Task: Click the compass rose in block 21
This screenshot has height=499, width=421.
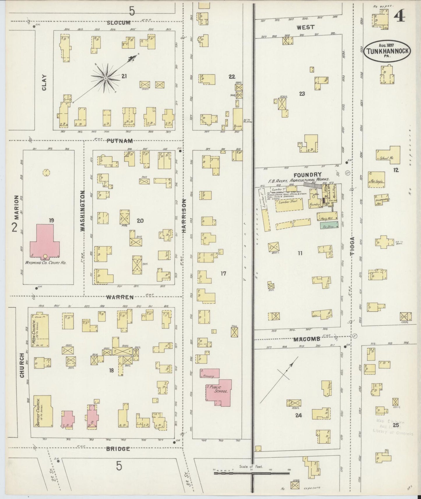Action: point(105,78)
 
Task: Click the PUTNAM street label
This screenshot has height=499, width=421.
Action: point(119,141)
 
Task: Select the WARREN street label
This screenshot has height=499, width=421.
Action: point(120,297)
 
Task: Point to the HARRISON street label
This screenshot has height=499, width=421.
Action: point(184,215)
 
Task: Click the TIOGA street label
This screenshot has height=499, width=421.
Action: point(352,247)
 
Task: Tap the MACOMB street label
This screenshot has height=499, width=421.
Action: point(307,339)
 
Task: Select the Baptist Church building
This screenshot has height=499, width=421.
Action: point(43,410)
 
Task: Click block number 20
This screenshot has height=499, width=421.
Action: point(140,221)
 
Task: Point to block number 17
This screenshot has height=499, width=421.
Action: point(223,273)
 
